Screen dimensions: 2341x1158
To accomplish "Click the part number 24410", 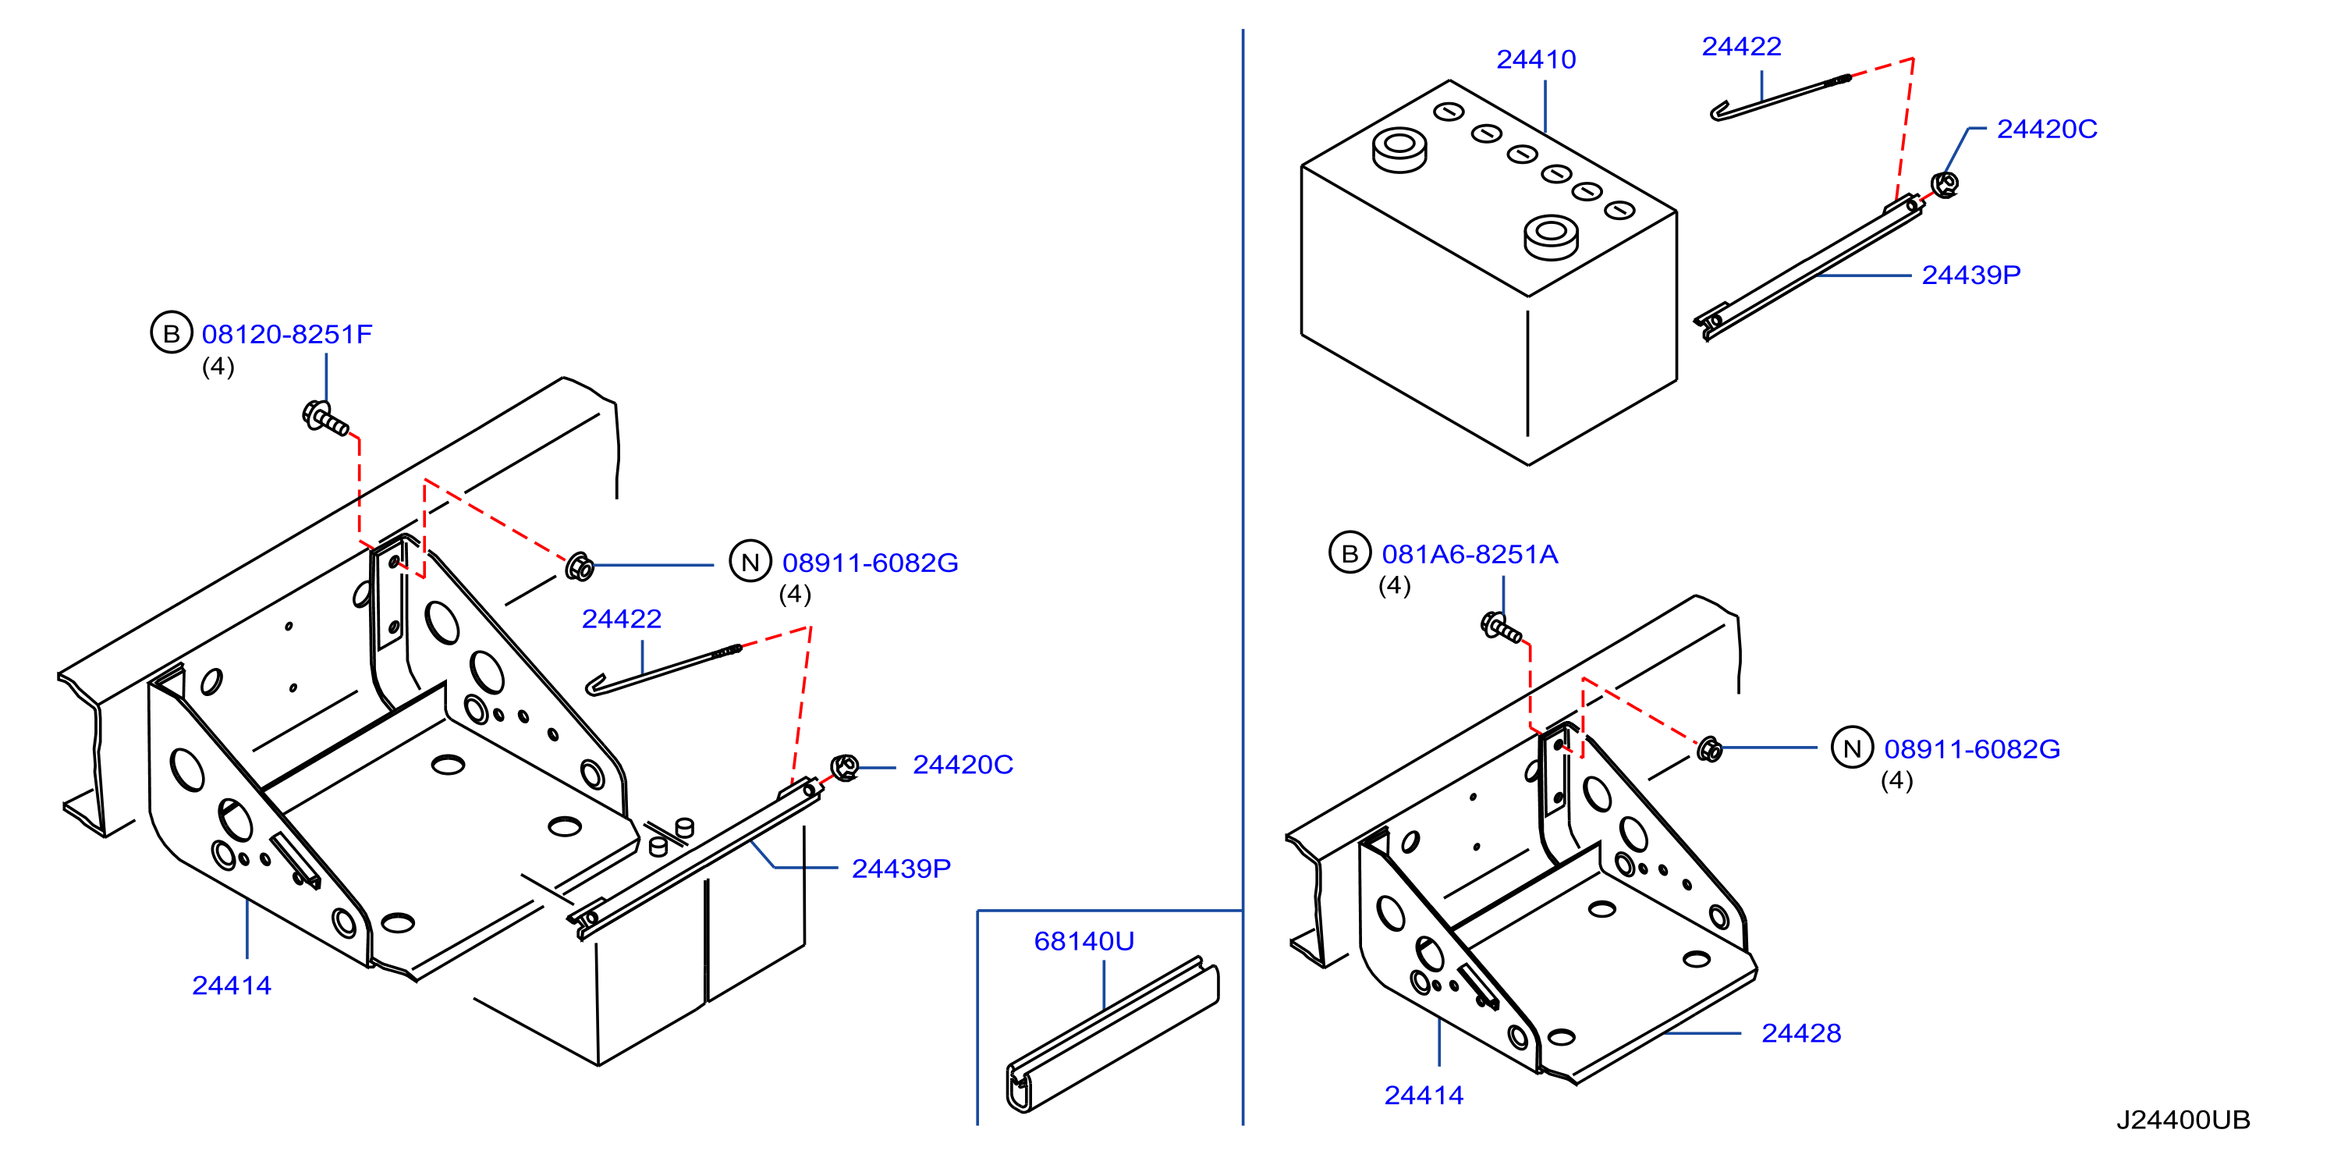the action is pos(1536,60).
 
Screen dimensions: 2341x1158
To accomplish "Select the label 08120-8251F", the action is pos(287,335).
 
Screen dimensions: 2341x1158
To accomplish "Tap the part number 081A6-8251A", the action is pos(1470,555).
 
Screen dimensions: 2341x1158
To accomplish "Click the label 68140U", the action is pos(1084,942).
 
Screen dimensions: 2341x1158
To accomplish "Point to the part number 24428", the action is pos(1801,1033).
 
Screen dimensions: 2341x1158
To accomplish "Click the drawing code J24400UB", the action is pos(2183,1120).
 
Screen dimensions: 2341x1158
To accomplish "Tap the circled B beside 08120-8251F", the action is pos(171,332).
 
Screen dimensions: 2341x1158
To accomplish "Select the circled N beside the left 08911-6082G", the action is pos(750,562).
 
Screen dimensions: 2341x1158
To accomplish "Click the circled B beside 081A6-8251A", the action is pos(1350,552).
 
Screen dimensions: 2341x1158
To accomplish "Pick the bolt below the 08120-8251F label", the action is pos(325,419).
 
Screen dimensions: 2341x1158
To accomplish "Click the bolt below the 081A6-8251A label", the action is pos(1502,627).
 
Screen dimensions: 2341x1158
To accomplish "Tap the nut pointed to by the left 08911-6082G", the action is pos(579,567).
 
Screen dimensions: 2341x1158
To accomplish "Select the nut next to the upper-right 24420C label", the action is pos(1944,184).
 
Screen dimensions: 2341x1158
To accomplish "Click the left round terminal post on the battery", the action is pos(1399,150).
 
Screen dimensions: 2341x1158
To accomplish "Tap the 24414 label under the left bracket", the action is pos(232,986).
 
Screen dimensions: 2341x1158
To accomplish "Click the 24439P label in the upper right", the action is pos(1971,275).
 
